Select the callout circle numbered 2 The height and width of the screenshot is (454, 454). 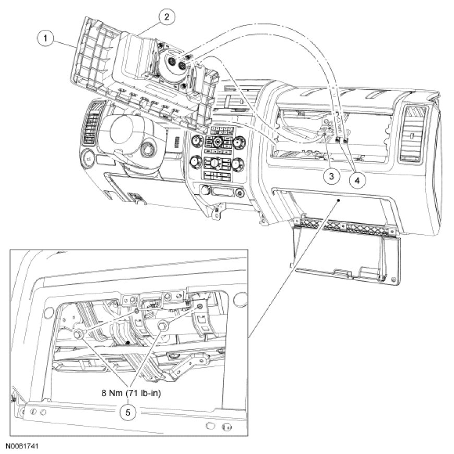tap(166, 17)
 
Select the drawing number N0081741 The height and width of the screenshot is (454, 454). tap(24, 447)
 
